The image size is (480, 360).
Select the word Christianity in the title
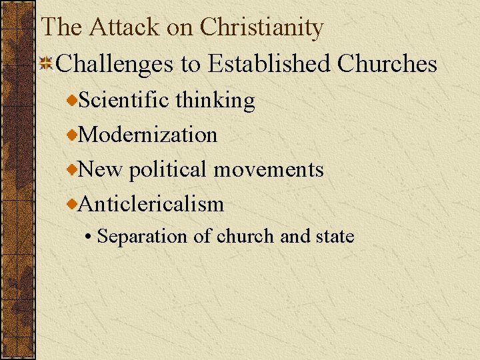(262, 27)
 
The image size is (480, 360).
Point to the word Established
(269, 64)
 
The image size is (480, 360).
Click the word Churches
(387, 64)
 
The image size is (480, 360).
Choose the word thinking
(215, 101)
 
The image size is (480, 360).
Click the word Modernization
(148, 135)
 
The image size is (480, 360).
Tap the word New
(101, 169)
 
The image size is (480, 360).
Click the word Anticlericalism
(151, 204)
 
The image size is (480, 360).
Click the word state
(334, 237)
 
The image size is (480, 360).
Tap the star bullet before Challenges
(47, 64)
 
